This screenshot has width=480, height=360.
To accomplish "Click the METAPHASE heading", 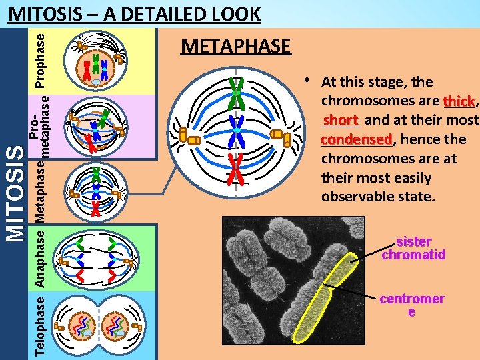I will (x=236, y=46).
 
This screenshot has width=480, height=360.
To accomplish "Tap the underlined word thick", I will (x=459, y=101).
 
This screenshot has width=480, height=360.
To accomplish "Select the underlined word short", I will (x=341, y=121).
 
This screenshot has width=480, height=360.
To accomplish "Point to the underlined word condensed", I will (x=356, y=140).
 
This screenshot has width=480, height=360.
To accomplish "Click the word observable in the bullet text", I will (x=377, y=197).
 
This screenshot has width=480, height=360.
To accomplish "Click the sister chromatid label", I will (x=413, y=248).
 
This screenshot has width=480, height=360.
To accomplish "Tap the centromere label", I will (x=411, y=305).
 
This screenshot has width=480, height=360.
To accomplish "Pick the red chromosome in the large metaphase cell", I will (x=235, y=168).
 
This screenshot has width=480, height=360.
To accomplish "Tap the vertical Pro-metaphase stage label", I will (x=39, y=126).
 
